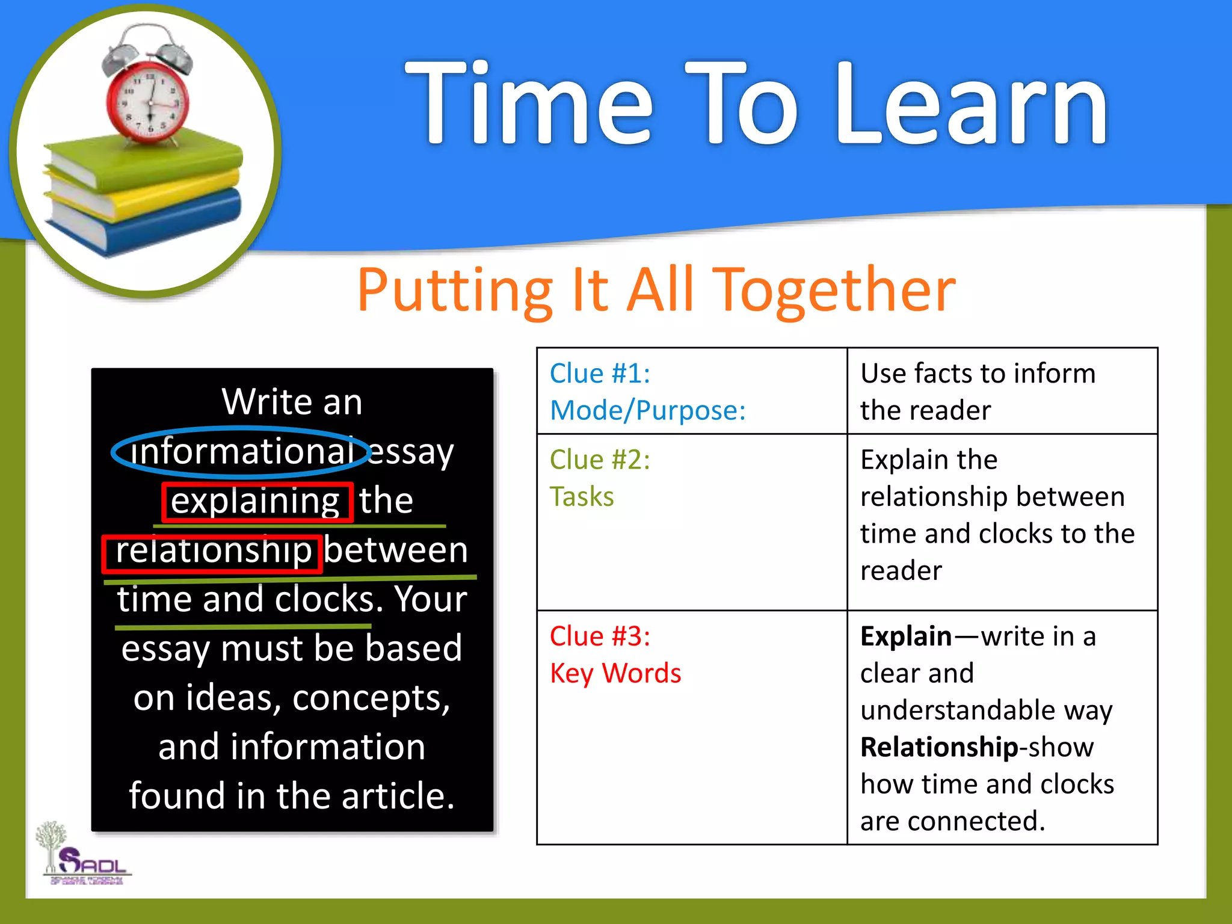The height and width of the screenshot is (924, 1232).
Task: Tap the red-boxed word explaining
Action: coord(256,501)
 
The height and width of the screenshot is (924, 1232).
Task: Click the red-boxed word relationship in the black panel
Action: coord(213,550)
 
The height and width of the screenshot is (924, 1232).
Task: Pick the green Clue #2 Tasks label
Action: coord(599,478)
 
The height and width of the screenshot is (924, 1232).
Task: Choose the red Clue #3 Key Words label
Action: coord(615,654)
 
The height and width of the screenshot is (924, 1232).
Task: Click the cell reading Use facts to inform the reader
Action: coord(978,391)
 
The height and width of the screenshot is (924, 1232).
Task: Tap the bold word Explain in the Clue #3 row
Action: coord(905,636)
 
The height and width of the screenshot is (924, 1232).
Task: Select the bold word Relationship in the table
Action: coord(938,747)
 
